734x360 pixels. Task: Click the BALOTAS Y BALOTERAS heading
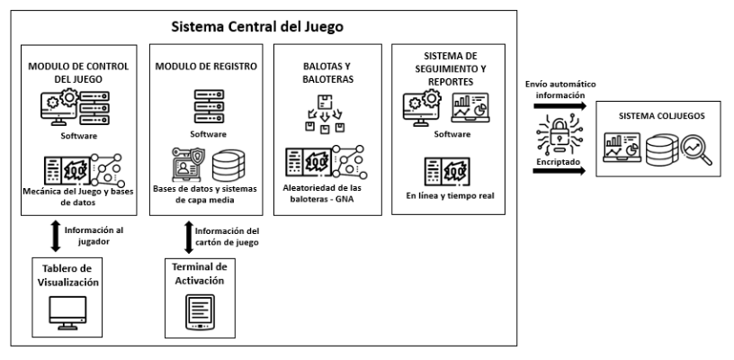(326, 74)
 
